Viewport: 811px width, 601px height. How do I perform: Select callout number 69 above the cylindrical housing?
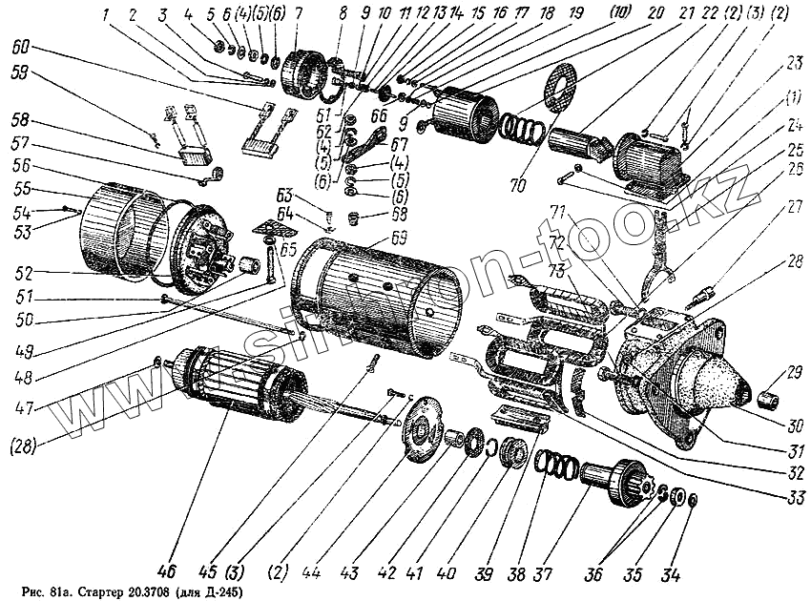[399, 239]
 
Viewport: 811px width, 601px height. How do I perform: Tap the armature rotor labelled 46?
[239, 389]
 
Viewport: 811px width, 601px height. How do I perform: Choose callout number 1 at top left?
[107, 14]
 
